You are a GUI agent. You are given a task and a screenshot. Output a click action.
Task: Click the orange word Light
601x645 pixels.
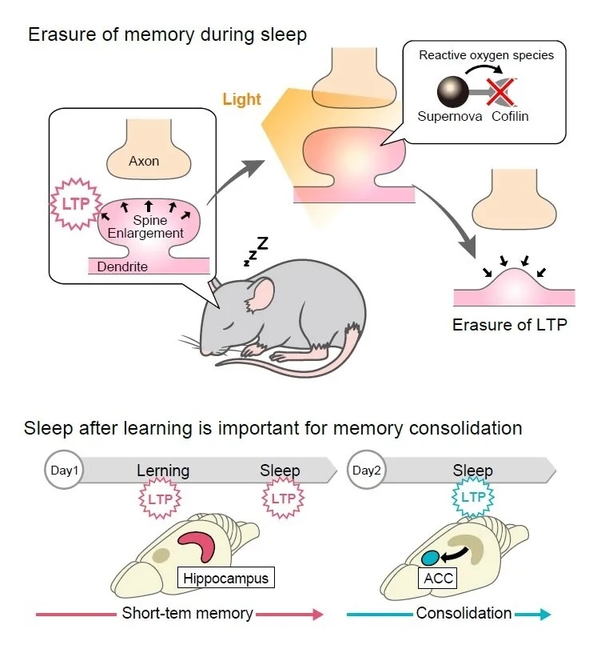tap(241, 99)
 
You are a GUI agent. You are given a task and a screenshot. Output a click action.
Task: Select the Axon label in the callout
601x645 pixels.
tap(144, 161)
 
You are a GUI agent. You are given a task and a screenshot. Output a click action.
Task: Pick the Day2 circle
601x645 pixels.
tap(365, 471)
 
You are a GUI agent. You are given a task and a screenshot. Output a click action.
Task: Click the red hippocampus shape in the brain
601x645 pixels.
tap(198, 546)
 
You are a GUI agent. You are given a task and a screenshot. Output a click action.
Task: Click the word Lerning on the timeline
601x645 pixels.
tap(162, 471)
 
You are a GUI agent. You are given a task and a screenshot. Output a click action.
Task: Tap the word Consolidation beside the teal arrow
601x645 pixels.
tap(464, 613)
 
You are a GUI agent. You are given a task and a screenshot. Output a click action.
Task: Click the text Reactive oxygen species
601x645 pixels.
tap(486, 55)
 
